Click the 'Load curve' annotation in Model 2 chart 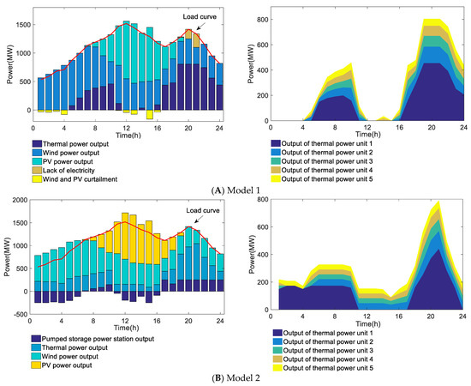188,211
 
